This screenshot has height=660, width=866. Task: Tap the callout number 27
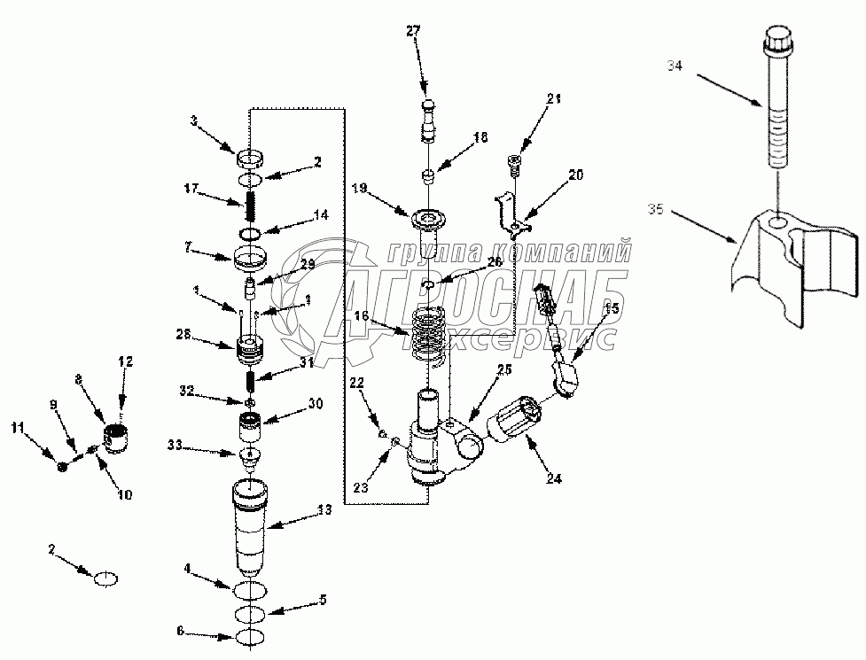click(x=413, y=31)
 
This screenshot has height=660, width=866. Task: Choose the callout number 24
click(x=553, y=479)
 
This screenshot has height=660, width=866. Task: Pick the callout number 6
click(x=180, y=631)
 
